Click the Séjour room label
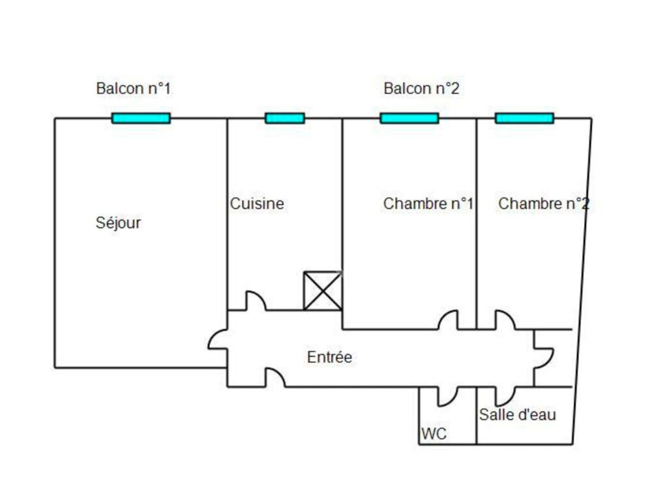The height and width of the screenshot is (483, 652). click(118, 223)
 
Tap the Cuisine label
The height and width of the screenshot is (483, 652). click(257, 204)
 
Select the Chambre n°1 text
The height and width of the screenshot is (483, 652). click(428, 204)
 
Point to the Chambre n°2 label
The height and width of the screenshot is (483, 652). click(543, 204)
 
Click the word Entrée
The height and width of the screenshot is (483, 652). click(329, 358)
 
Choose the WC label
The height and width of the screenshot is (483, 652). click(434, 434)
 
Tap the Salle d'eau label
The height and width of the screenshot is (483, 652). click(518, 414)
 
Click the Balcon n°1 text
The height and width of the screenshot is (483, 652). click(133, 89)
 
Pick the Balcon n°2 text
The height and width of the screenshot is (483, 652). click(421, 89)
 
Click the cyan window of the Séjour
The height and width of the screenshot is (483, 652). click(141, 118)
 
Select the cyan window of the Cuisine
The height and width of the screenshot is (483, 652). click(284, 118)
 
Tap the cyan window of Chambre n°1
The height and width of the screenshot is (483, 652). click(409, 118)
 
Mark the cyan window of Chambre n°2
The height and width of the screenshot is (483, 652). click(524, 118)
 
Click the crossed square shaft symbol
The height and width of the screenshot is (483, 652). click(323, 291)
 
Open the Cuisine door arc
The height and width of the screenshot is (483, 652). click(255, 302)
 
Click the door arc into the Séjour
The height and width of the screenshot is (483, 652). click(218, 339)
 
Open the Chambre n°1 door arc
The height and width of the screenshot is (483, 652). click(448, 320)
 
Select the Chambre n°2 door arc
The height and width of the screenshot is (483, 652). click(505, 320)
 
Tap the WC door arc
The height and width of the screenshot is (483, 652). click(447, 396)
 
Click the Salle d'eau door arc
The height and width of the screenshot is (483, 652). click(504, 396)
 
